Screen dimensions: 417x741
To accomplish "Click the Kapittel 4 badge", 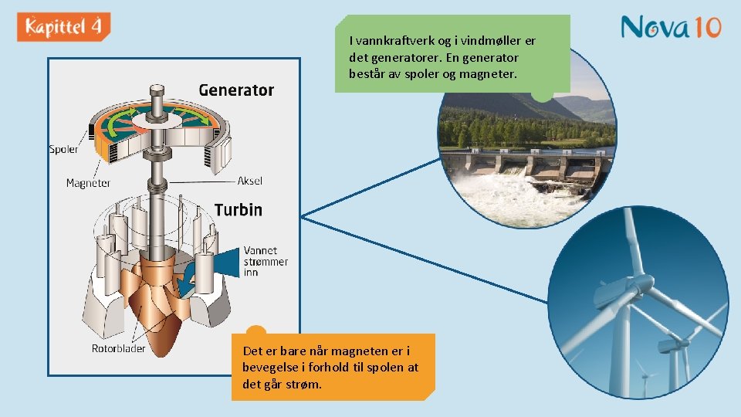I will tap(63, 27).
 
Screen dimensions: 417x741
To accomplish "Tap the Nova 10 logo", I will tap(671, 28).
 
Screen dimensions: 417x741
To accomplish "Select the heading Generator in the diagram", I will tap(236, 90).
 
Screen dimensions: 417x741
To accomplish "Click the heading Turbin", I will tap(238, 210).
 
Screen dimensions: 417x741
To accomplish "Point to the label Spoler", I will tap(63, 149).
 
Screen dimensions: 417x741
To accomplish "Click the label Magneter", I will tap(88, 183).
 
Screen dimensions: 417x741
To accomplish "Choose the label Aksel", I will tap(249, 181).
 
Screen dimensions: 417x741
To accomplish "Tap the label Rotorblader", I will tap(118, 348).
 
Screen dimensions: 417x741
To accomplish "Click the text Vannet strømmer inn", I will tap(266, 261).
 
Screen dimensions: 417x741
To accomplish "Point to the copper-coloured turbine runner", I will tap(158, 301).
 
